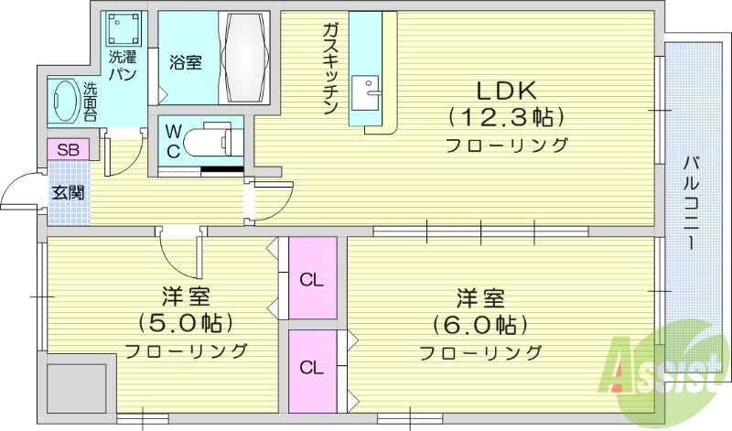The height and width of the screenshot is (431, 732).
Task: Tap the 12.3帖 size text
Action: point(505,117)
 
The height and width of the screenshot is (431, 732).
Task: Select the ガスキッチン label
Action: point(330,70)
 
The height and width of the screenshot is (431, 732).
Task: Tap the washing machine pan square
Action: point(124,33)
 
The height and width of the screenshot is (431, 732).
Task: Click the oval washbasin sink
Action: point(64,98)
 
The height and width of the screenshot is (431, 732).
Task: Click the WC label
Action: point(172,142)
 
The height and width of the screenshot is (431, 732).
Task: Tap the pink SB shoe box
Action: point(68,150)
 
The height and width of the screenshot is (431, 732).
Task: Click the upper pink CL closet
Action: point(312,278)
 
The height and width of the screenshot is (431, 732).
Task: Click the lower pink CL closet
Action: point(312,369)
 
